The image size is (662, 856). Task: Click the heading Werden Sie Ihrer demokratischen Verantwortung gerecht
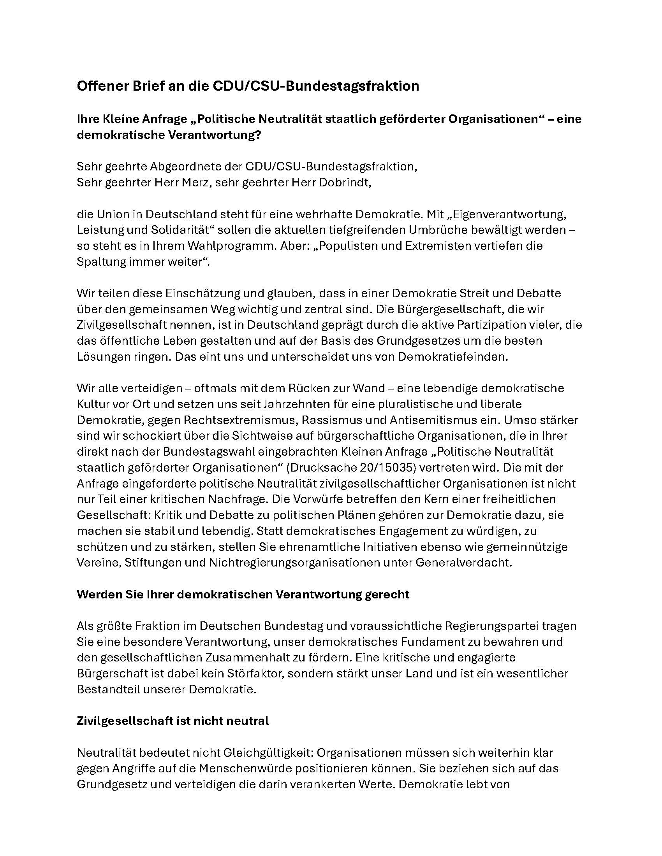(243, 594)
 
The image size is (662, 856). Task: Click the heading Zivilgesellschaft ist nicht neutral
(173, 721)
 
